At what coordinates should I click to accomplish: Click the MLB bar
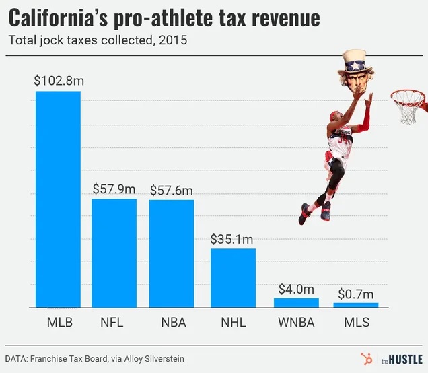point(58,199)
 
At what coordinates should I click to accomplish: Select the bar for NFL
point(114,252)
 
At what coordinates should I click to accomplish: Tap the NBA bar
point(171,253)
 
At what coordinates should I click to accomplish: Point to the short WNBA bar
point(296,302)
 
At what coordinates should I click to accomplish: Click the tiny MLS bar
point(356,305)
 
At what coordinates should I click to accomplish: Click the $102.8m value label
point(59,81)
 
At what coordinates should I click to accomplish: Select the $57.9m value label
point(114,189)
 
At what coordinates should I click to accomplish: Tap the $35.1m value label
point(232,238)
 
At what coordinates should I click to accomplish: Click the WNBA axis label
point(296,322)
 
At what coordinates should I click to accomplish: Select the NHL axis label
point(234,322)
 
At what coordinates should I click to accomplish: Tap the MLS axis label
point(356,322)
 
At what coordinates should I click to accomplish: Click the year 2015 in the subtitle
point(172,40)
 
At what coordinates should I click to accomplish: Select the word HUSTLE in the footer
point(407,359)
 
